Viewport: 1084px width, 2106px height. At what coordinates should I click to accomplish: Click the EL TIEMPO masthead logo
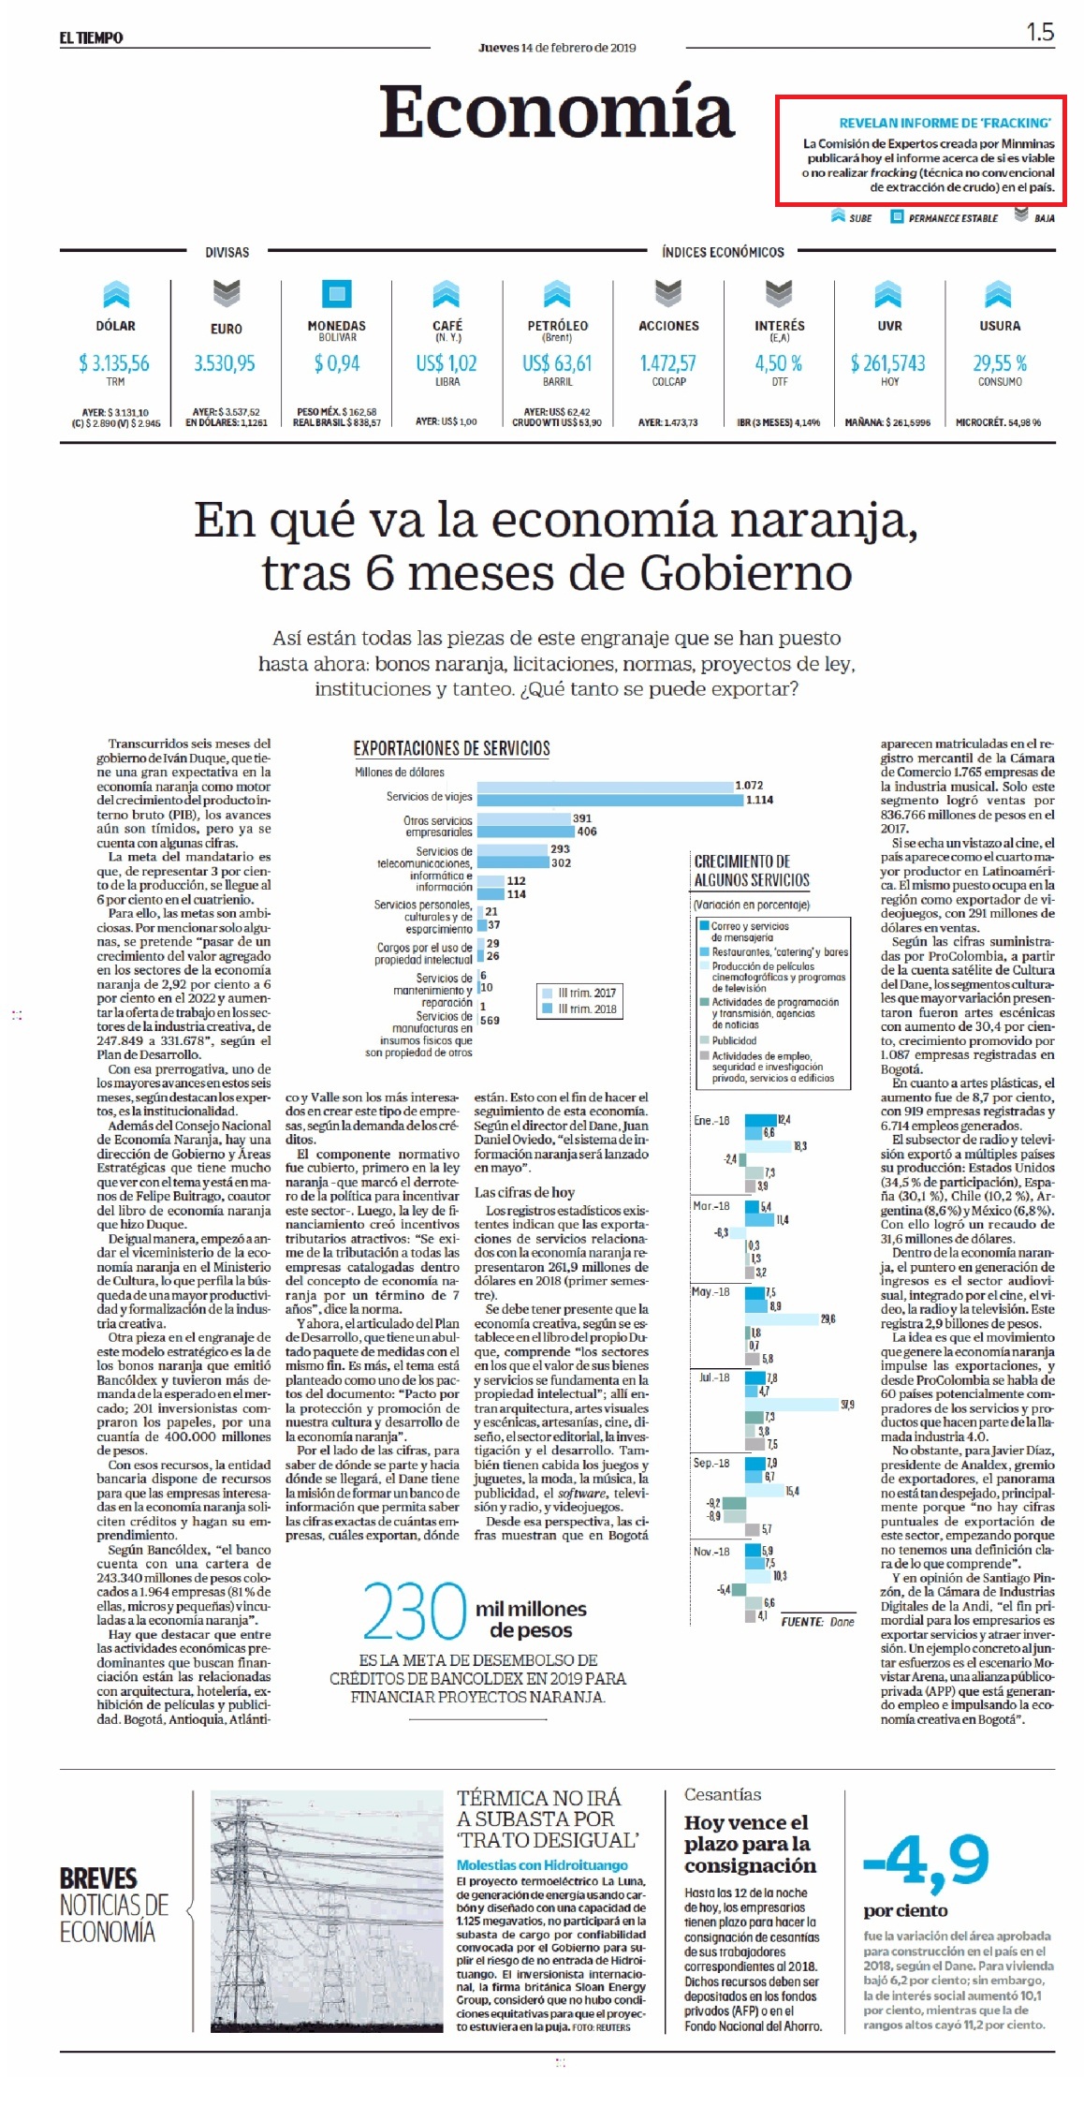(x=91, y=37)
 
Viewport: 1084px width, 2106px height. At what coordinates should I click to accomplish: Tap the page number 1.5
(x=1040, y=32)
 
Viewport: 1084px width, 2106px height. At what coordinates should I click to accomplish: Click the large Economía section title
(x=556, y=111)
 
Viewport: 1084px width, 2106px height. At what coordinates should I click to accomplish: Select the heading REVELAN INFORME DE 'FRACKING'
(x=945, y=123)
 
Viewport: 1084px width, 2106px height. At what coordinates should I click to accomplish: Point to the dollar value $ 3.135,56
(x=114, y=363)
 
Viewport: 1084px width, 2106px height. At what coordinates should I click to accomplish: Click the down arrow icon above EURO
(x=226, y=293)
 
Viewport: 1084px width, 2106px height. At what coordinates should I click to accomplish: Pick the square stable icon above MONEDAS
(x=337, y=293)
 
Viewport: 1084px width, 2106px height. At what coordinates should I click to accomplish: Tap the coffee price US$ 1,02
(x=447, y=363)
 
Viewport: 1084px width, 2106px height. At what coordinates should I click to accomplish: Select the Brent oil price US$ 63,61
(x=557, y=363)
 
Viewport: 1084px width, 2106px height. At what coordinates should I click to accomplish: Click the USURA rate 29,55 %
(x=1000, y=363)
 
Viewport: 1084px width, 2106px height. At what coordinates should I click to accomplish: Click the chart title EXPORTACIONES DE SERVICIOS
(x=451, y=748)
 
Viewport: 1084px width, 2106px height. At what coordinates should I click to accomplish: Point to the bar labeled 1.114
(x=609, y=800)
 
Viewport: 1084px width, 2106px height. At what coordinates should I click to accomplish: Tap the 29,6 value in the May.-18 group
(x=828, y=1319)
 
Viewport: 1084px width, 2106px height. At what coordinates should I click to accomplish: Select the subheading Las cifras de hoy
(x=524, y=1192)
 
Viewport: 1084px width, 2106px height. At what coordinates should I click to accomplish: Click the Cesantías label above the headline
(x=723, y=1794)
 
